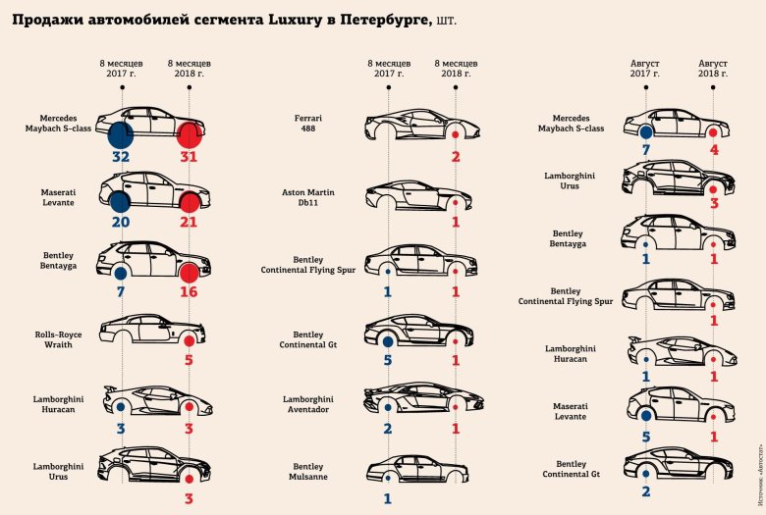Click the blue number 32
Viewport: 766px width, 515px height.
(121, 156)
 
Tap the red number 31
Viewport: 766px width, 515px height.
(190, 156)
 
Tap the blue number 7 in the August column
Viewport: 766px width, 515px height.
(645, 151)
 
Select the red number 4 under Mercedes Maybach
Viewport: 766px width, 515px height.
(713, 151)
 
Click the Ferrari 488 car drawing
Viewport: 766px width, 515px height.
(421, 123)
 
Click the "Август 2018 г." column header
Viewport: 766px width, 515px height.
(713, 68)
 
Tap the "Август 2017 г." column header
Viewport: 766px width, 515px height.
(645, 68)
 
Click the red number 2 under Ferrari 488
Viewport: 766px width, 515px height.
(456, 157)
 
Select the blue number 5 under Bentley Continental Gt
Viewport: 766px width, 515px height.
(388, 362)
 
